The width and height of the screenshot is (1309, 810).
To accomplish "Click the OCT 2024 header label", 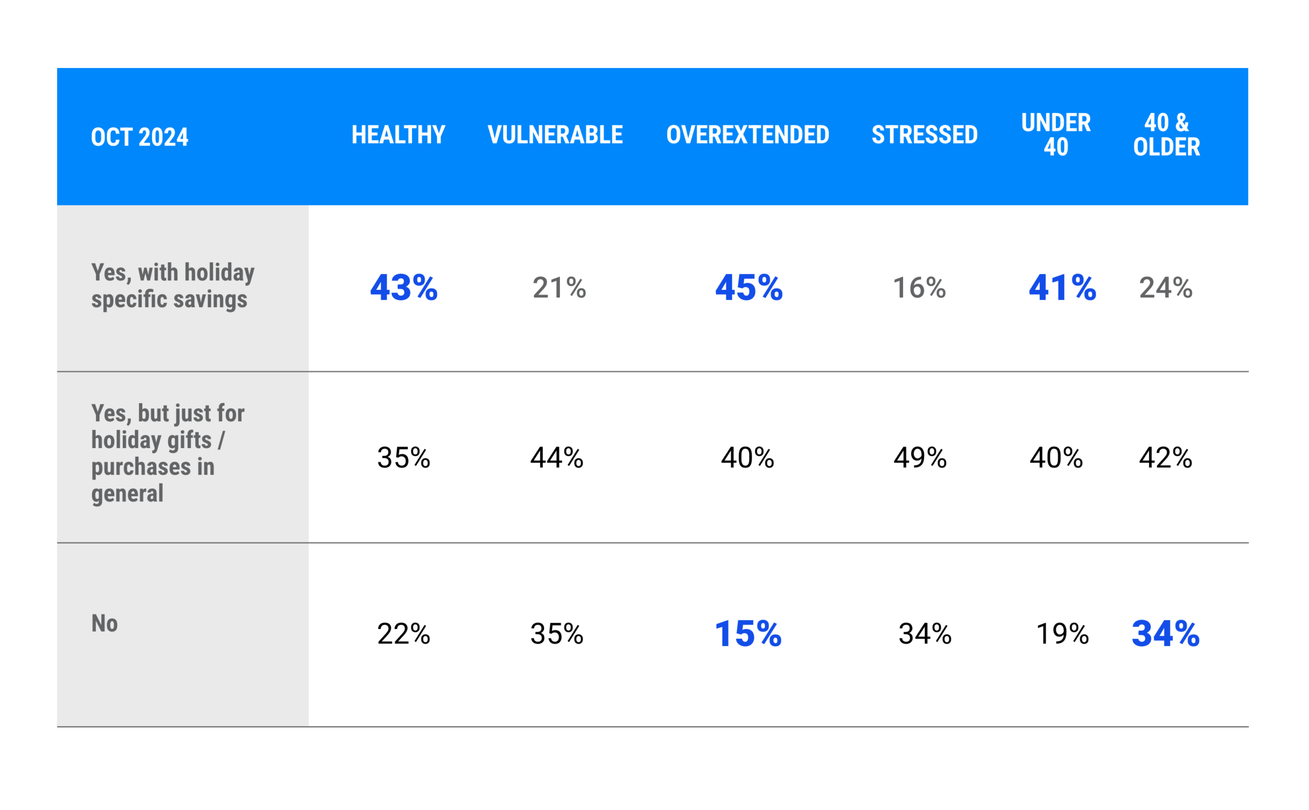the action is click(x=140, y=137).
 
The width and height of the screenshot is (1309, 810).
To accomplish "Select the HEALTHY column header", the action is click(x=398, y=134).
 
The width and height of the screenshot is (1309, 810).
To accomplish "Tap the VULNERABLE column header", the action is click(x=555, y=134).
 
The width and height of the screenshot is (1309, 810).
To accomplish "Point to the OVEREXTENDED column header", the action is click(x=747, y=134).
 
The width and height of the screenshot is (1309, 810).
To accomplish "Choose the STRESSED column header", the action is click(x=924, y=134).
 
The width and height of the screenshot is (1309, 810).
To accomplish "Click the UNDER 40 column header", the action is click(x=1055, y=134).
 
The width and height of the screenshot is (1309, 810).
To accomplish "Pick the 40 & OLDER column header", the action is click(x=1166, y=134).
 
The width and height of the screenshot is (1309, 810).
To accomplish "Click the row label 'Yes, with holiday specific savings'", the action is click(x=173, y=286).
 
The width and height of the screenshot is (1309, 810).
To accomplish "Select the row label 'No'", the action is click(x=104, y=623).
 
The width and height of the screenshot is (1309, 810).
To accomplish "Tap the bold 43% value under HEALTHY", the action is click(x=403, y=288).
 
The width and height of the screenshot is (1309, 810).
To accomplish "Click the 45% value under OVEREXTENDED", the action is click(x=749, y=288).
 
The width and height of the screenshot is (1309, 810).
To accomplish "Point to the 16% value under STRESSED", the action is click(x=919, y=288).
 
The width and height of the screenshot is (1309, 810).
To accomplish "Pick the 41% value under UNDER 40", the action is click(x=1062, y=288).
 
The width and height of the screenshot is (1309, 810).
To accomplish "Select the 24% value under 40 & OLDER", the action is click(x=1165, y=288).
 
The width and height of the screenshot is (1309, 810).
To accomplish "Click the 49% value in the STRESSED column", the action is click(x=920, y=458).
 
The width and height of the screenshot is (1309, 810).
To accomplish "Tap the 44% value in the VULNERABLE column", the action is click(x=556, y=458).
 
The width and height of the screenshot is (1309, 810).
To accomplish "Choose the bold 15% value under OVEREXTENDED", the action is click(x=748, y=634).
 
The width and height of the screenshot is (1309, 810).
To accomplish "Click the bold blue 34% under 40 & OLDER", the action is click(x=1165, y=634).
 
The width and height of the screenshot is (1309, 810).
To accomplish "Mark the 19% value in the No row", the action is click(x=1062, y=634).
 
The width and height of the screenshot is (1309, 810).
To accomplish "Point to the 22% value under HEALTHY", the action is click(x=403, y=634).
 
